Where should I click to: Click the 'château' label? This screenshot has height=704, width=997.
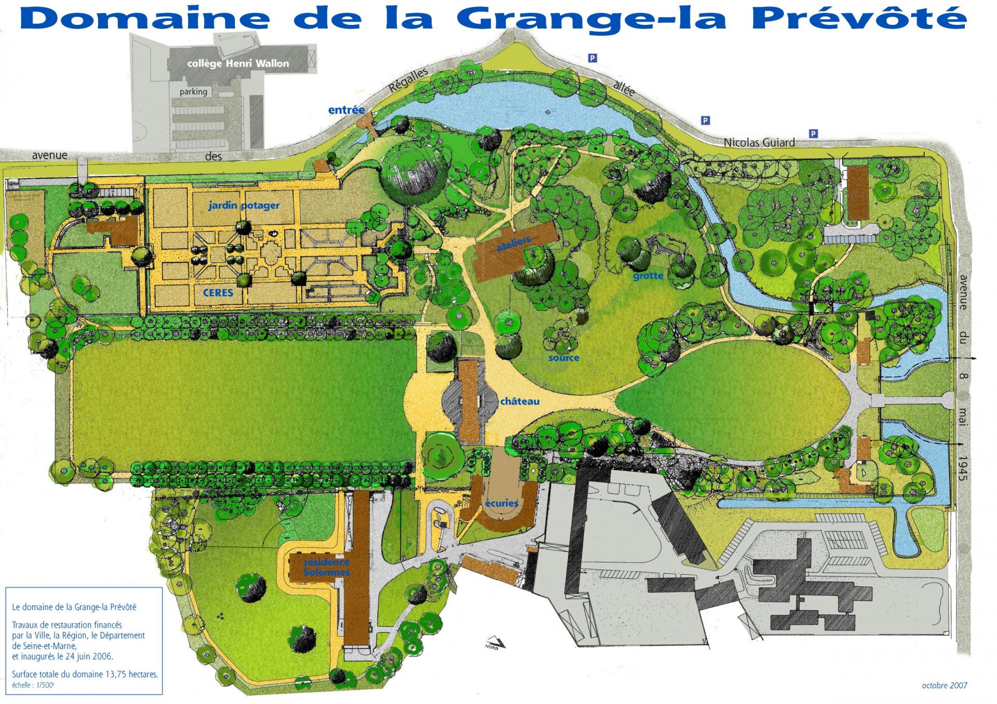tap(519, 402)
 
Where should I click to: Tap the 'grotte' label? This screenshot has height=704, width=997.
tap(648, 276)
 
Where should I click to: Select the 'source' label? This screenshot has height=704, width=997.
tap(563, 358)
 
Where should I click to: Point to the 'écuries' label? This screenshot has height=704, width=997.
tap(502, 503)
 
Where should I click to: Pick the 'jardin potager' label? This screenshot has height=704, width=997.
tap(244, 205)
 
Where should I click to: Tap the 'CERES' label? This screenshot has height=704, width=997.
tap(218, 293)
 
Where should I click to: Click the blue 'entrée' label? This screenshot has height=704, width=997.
tap(346, 110)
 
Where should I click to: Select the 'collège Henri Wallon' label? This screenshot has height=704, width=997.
tap(238, 63)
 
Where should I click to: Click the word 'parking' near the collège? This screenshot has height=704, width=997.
tap(193, 92)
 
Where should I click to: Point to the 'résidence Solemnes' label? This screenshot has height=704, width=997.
tap(327, 567)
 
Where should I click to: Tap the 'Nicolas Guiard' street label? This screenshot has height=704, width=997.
tap(759, 142)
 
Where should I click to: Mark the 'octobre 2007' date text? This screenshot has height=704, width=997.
tap(944, 685)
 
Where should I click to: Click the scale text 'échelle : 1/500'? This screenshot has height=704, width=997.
tap(33, 685)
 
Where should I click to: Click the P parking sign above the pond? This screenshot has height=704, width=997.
tap(592, 58)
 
